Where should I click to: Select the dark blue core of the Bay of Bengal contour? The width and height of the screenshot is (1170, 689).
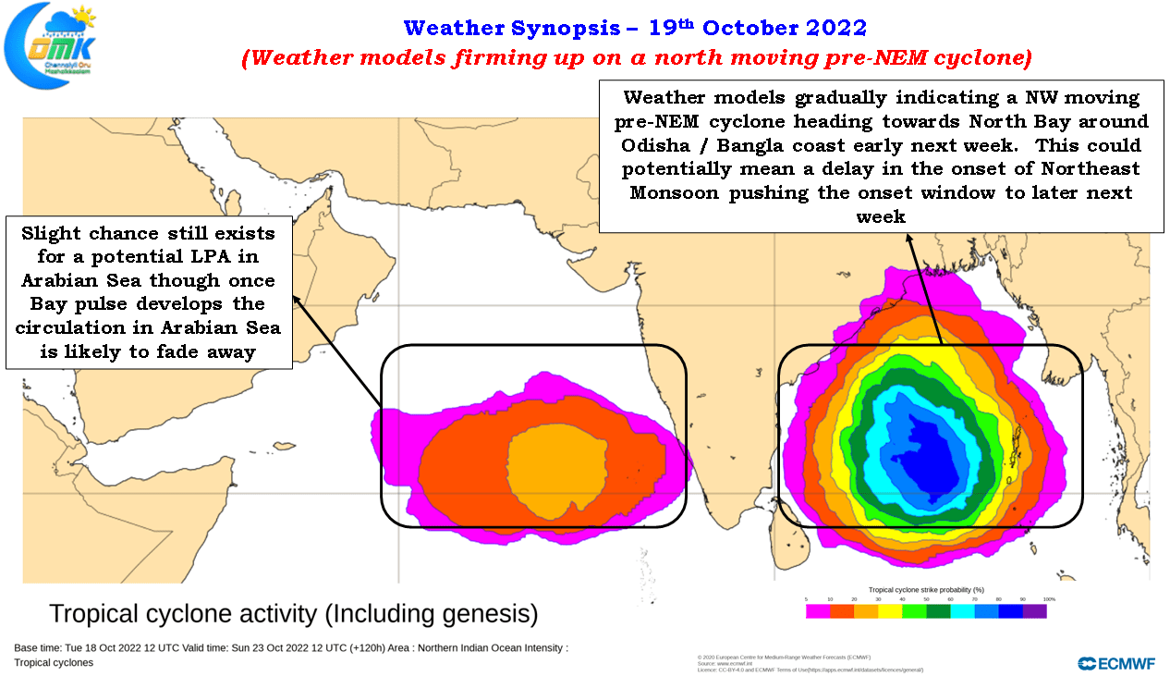click(924, 453)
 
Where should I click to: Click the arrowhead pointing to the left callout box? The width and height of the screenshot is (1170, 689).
click(296, 298)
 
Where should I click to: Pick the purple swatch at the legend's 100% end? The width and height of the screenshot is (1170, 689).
click(1035, 611)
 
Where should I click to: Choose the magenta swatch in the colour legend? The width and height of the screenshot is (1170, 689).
click(817, 611)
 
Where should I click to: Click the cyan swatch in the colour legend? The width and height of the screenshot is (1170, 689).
click(962, 611)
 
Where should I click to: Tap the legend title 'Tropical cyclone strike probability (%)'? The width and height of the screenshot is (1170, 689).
click(925, 589)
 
